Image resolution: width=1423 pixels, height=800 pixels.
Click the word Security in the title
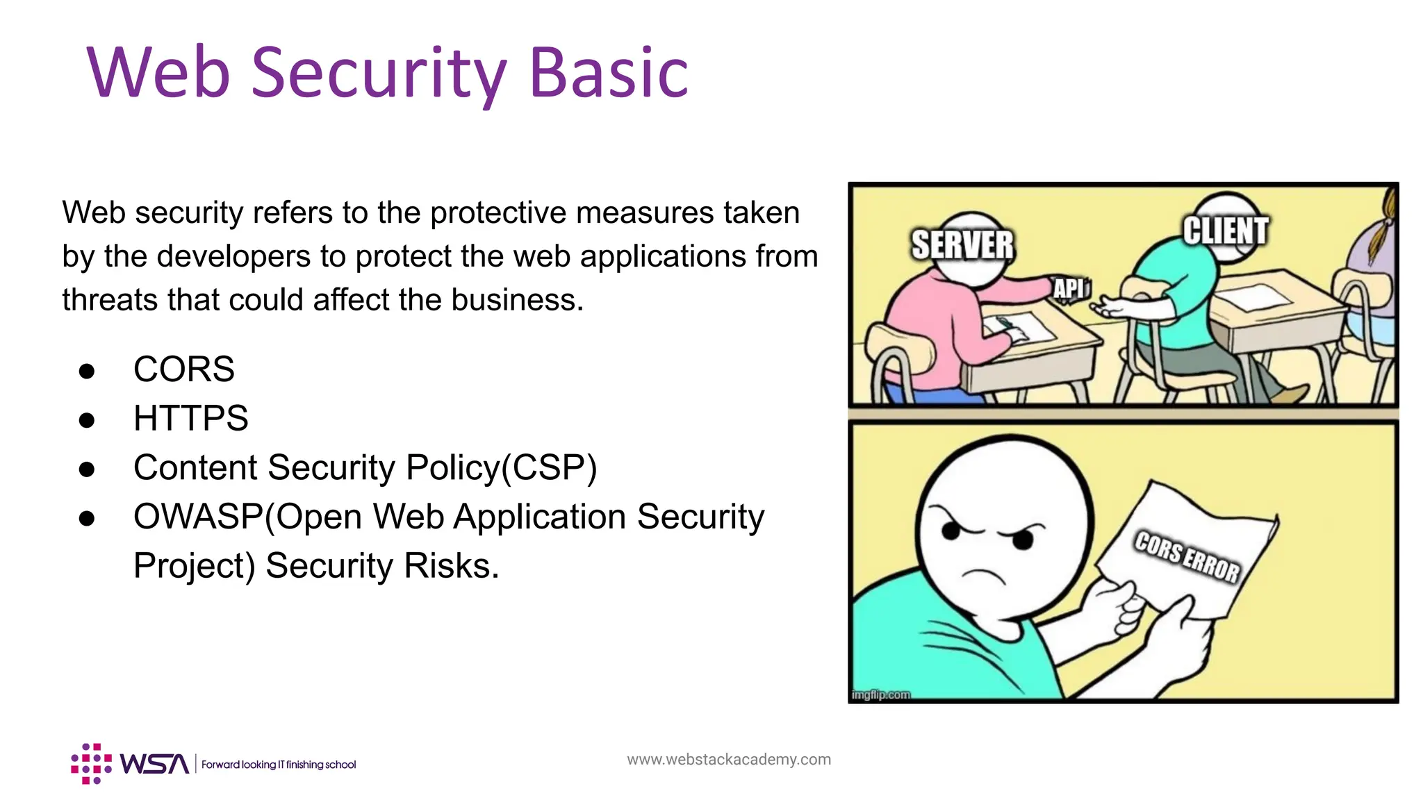(x=379, y=73)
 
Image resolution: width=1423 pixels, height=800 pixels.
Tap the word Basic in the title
(x=609, y=73)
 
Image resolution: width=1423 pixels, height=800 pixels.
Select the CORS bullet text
(x=184, y=369)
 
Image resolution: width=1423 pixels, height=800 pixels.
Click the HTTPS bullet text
(x=190, y=418)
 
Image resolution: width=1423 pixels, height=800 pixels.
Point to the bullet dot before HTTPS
(x=87, y=420)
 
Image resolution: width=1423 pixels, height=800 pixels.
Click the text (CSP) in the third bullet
(x=550, y=468)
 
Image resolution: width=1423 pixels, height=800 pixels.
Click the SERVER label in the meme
(x=962, y=244)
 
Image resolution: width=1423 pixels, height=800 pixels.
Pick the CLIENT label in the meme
(x=1226, y=231)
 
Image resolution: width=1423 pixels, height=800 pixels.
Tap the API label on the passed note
(x=1069, y=288)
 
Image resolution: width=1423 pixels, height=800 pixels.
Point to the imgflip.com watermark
(x=880, y=694)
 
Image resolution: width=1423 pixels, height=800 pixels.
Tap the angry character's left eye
(x=951, y=531)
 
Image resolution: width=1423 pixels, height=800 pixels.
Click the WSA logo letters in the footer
(x=154, y=764)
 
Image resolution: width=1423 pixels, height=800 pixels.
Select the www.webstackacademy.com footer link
(x=728, y=759)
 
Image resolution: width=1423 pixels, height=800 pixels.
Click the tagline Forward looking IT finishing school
(x=279, y=765)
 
